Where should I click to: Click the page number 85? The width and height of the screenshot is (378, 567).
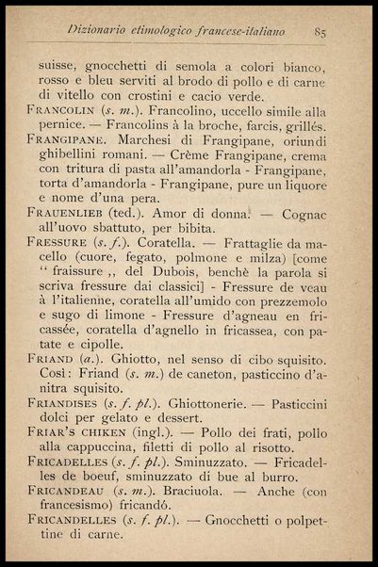[x=320, y=33]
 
